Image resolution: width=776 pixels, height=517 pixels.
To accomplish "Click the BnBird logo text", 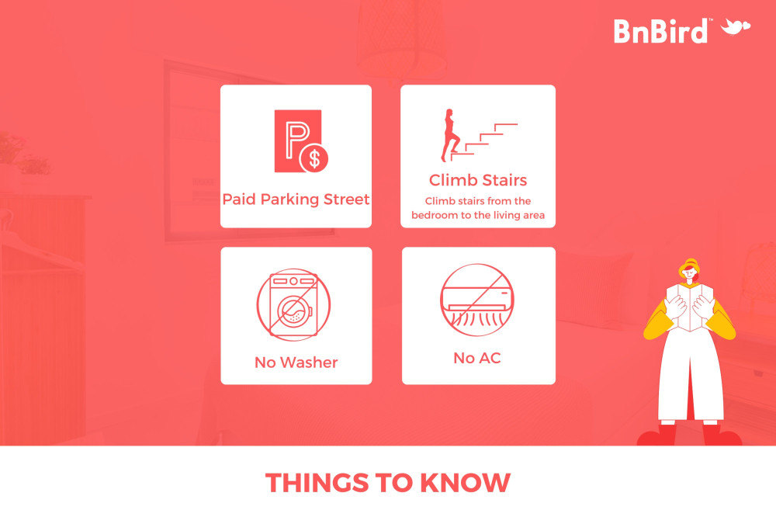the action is point(660,31).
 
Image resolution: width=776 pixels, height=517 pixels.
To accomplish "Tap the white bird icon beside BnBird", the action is point(736,26).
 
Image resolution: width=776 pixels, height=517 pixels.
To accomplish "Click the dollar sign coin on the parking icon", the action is point(314,158).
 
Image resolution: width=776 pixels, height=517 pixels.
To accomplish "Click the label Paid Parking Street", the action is point(296,199).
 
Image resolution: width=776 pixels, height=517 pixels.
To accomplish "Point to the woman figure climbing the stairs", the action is point(450,135).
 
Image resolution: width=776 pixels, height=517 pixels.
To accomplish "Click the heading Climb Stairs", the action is point(478,180).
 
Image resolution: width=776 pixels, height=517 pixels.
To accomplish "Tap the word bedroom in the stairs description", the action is point(435,215).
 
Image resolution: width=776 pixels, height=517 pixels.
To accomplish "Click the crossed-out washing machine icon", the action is point(293,304).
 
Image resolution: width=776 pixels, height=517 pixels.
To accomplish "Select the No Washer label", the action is point(296,363).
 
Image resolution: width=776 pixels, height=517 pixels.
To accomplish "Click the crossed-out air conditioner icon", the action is point(477,300).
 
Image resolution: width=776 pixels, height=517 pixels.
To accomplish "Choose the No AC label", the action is point(477,358).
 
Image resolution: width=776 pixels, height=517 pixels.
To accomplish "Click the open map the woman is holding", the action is point(690,307).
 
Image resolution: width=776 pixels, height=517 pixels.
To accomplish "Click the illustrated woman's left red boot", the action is point(657,435).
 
